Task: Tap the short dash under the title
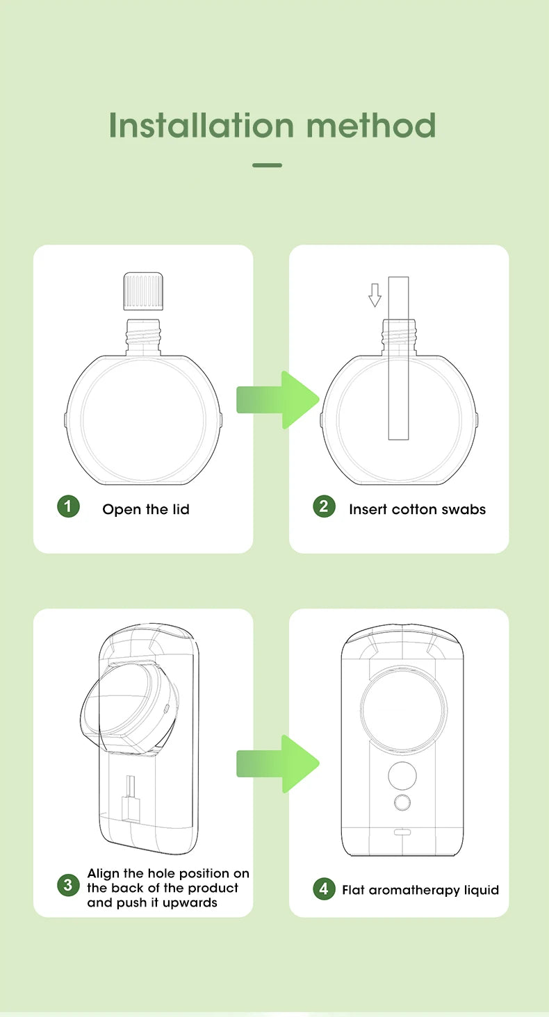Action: (x=267, y=165)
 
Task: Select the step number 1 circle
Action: (x=68, y=506)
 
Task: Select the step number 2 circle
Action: (x=324, y=506)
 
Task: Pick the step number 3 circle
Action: (x=68, y=885)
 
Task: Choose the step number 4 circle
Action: (x=324, y=888)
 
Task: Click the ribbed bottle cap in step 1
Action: (x=142, y=292)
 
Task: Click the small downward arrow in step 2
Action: (x=375, y=295)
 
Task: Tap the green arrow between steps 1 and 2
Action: (x=278, y=400)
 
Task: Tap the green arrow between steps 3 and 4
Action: (x=278, y=763)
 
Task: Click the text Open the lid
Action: (x=146, y=509)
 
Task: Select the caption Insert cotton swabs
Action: (x=417, y=509)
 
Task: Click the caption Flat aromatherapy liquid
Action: (x=420, y=890)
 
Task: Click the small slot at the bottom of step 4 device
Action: (x=402, y=832)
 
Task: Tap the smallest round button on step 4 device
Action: (x=402, y=803)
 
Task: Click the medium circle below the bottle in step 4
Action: (x=402, y=773)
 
